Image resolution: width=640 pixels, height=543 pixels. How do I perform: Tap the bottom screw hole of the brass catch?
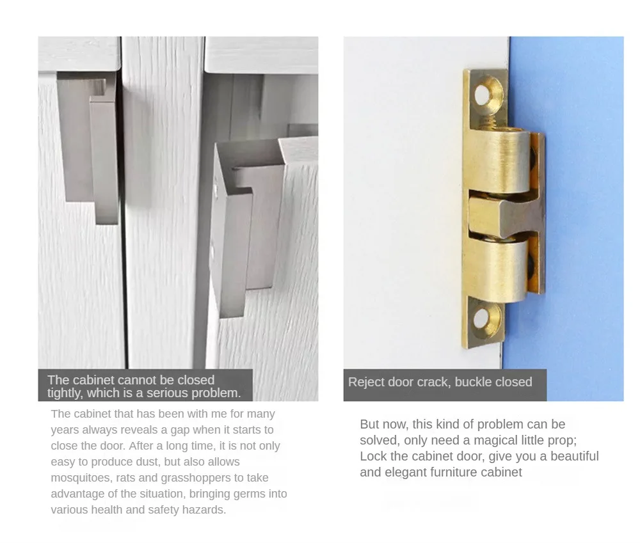point(482,318)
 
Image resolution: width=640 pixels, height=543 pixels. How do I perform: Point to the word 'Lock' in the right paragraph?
point(372,456)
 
